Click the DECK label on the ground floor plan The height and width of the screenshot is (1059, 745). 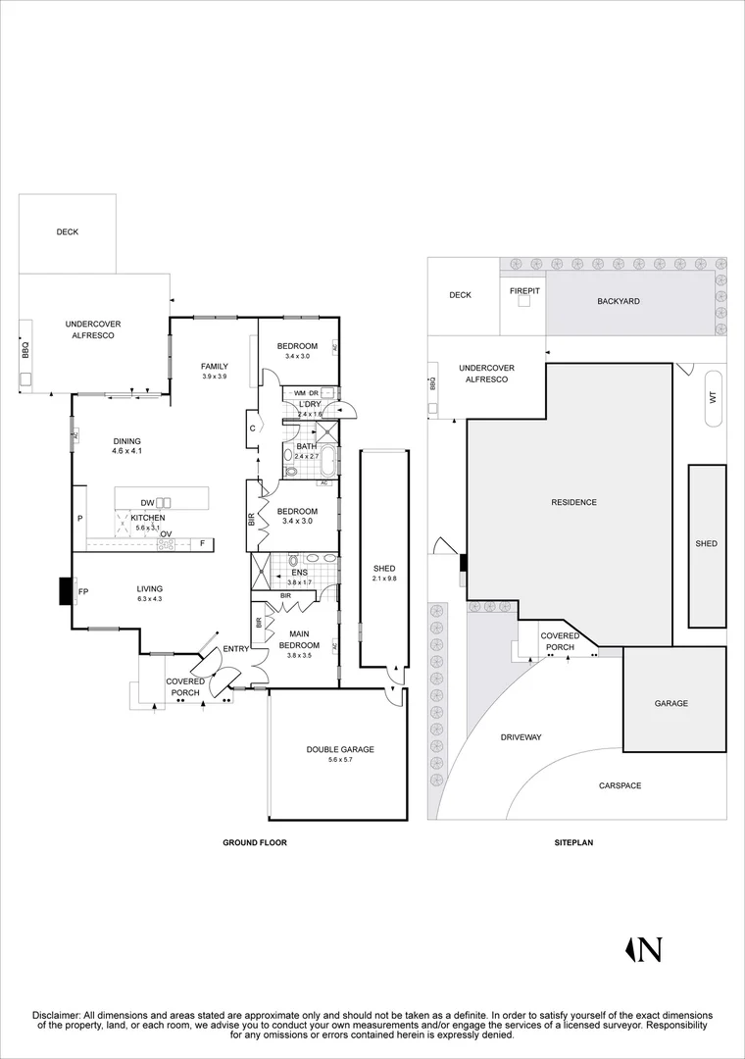[x=67, y=231]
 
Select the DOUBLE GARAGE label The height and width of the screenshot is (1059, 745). [x=340, y=749]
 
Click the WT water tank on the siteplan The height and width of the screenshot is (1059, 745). [x=714, y=398]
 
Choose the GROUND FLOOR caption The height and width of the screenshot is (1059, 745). [x=255, y=842]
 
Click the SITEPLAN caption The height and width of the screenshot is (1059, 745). [x=573, y=842]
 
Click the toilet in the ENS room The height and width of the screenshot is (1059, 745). [x=294, y=560]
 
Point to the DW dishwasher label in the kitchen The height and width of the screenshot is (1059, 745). [x=147, y=502]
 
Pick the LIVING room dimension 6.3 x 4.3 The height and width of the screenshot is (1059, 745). [x=149, y=598]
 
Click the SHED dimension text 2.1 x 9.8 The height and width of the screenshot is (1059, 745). [x=384, y=579]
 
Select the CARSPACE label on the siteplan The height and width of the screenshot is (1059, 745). [x=621, y=785]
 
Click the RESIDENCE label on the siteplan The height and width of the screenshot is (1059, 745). [x=574, y=502]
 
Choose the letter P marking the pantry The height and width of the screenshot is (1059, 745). [x=79, y=519]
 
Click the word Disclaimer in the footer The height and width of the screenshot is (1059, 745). [x=57, y=1015]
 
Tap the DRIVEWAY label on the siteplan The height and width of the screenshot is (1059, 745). [x=521, y=736]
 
